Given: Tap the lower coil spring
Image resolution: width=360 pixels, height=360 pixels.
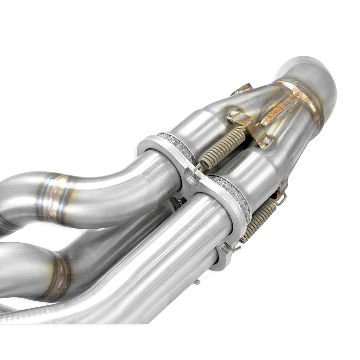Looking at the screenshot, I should (258, 220).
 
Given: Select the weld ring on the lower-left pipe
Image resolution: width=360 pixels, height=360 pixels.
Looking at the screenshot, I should (59, 275).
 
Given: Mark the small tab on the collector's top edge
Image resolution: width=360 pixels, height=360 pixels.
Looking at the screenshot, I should (243, 88).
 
